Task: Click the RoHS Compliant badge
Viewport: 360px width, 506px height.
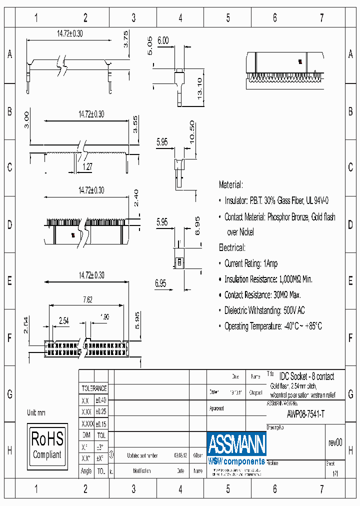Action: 48,444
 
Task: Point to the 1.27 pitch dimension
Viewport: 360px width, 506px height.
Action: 87,167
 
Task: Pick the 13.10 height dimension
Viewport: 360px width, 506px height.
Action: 199,88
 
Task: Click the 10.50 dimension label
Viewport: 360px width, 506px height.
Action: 191,131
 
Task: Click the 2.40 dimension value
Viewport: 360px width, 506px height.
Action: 136,198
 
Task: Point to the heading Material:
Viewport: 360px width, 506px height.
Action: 230,185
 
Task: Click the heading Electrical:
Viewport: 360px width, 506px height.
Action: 232,247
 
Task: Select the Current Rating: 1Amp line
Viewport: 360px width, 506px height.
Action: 251,263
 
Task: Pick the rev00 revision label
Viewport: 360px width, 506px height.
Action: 335,442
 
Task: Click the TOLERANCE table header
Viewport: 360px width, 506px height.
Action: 94,388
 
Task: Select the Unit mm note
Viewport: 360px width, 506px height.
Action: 36,413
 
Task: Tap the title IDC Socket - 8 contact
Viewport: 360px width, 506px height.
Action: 306,376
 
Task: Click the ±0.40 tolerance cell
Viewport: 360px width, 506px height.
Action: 100,400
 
